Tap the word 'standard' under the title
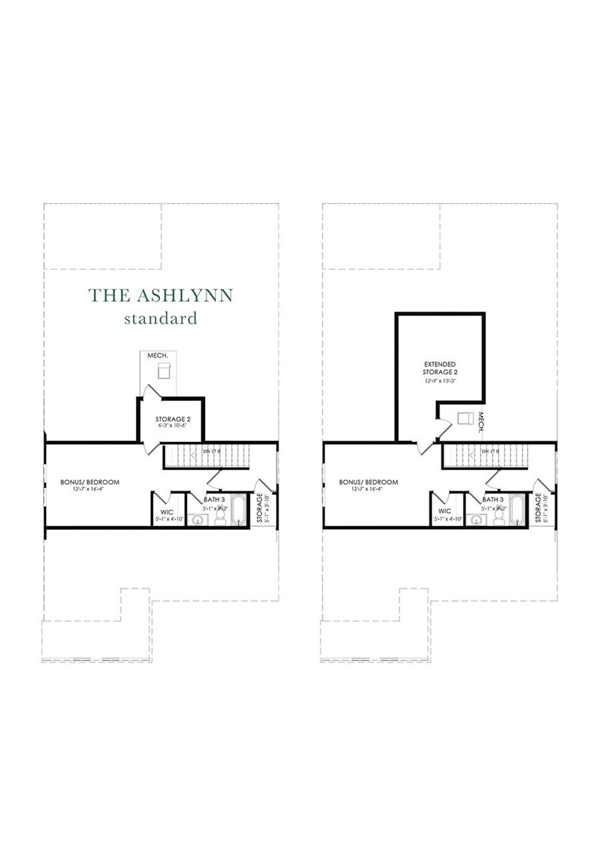tap(161, 319)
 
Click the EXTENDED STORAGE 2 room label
tap(440, 368)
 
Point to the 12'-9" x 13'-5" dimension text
tap(440, 381)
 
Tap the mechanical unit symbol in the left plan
tap(163, 371)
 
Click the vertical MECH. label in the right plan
tap(480, 422)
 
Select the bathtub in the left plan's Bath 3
tap(239, 510)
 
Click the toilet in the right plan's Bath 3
tap(498, 516)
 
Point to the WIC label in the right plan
tap(445, 511)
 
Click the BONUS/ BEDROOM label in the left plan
tap(90, 482)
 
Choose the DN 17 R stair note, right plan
tap(490, 451)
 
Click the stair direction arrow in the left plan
tap(193, 454)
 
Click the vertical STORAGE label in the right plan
tap(538, 508)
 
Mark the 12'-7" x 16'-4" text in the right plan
tap(367, 488)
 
